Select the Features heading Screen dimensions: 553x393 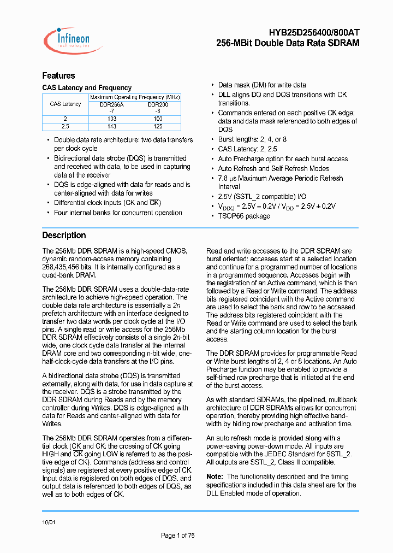(58, 75)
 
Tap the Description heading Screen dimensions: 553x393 (64, 235)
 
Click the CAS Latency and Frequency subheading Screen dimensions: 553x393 (87, 87)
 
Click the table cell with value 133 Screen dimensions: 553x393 (111, 118)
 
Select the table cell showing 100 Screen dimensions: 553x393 (158, 118)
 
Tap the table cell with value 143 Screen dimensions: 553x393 (111, 126)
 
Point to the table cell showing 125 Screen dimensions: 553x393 (158, 126)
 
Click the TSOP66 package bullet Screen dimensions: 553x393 (244, 216)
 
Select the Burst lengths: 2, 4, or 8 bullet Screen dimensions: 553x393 (252, 139)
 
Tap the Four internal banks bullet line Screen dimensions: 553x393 (118, 213)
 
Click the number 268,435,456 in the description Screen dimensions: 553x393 (63, 267)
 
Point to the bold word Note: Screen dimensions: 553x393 (215, 476)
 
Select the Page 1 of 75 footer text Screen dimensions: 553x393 (178, 535)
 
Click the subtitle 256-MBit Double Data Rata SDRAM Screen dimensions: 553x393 (288, 43)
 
